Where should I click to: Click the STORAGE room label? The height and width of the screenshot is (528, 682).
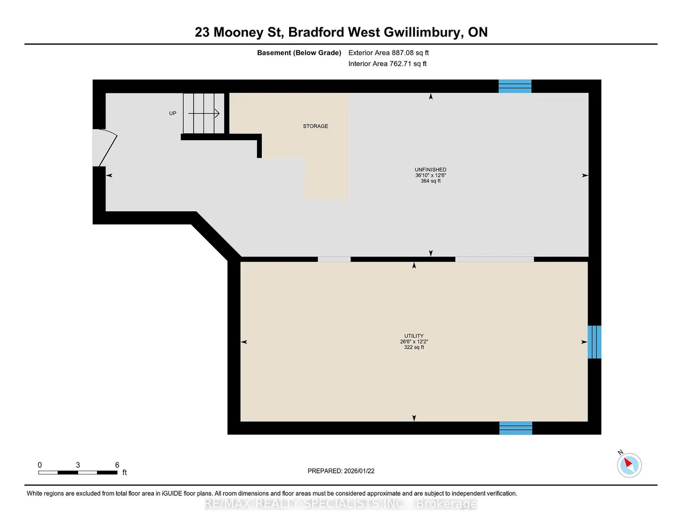coord(315,126)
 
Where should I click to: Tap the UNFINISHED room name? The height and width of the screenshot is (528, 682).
coord(430,170)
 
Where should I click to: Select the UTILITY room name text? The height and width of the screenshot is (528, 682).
coord(413,336)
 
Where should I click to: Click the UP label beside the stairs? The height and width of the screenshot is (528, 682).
coord(173,113)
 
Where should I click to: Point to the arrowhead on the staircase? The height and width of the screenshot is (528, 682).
coord(217,113)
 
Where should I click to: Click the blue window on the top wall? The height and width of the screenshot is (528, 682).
coord(515,86)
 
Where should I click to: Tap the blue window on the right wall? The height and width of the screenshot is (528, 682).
coord(594,342)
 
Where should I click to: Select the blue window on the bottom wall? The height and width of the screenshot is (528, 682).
coord(516,428)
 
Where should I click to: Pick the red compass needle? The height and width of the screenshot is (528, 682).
coord(628,463)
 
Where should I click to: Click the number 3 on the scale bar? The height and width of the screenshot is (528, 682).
coord(78,465)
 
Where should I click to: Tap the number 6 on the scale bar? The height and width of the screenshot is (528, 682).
coord(117,465)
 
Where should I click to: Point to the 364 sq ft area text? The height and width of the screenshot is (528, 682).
coord(431,181)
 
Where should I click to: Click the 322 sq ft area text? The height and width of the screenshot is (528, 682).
coord(414,347)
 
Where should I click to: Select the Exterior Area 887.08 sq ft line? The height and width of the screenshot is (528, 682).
coord(389,53)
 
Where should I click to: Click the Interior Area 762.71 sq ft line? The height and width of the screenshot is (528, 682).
coord(387,64)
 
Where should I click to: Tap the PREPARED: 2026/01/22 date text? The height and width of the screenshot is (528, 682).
coord(341,471)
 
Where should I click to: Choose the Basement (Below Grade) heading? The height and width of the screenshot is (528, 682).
coord(299,53)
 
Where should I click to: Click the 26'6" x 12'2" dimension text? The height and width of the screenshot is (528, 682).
coord(414,341)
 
